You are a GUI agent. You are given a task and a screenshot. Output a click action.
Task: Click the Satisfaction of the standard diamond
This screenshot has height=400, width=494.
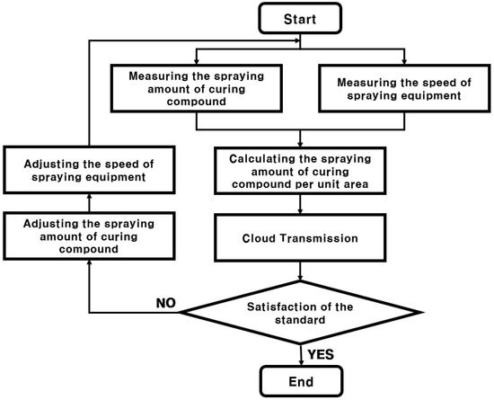point(301,312)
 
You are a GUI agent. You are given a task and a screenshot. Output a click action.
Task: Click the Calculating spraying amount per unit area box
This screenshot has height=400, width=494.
point(301,172)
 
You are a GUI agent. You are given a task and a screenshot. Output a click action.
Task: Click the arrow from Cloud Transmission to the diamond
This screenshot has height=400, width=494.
point(301,271)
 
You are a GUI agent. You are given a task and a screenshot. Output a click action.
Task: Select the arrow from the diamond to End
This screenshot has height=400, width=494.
point(301,350)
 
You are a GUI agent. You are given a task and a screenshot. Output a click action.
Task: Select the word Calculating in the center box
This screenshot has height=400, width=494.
point(255,157)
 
